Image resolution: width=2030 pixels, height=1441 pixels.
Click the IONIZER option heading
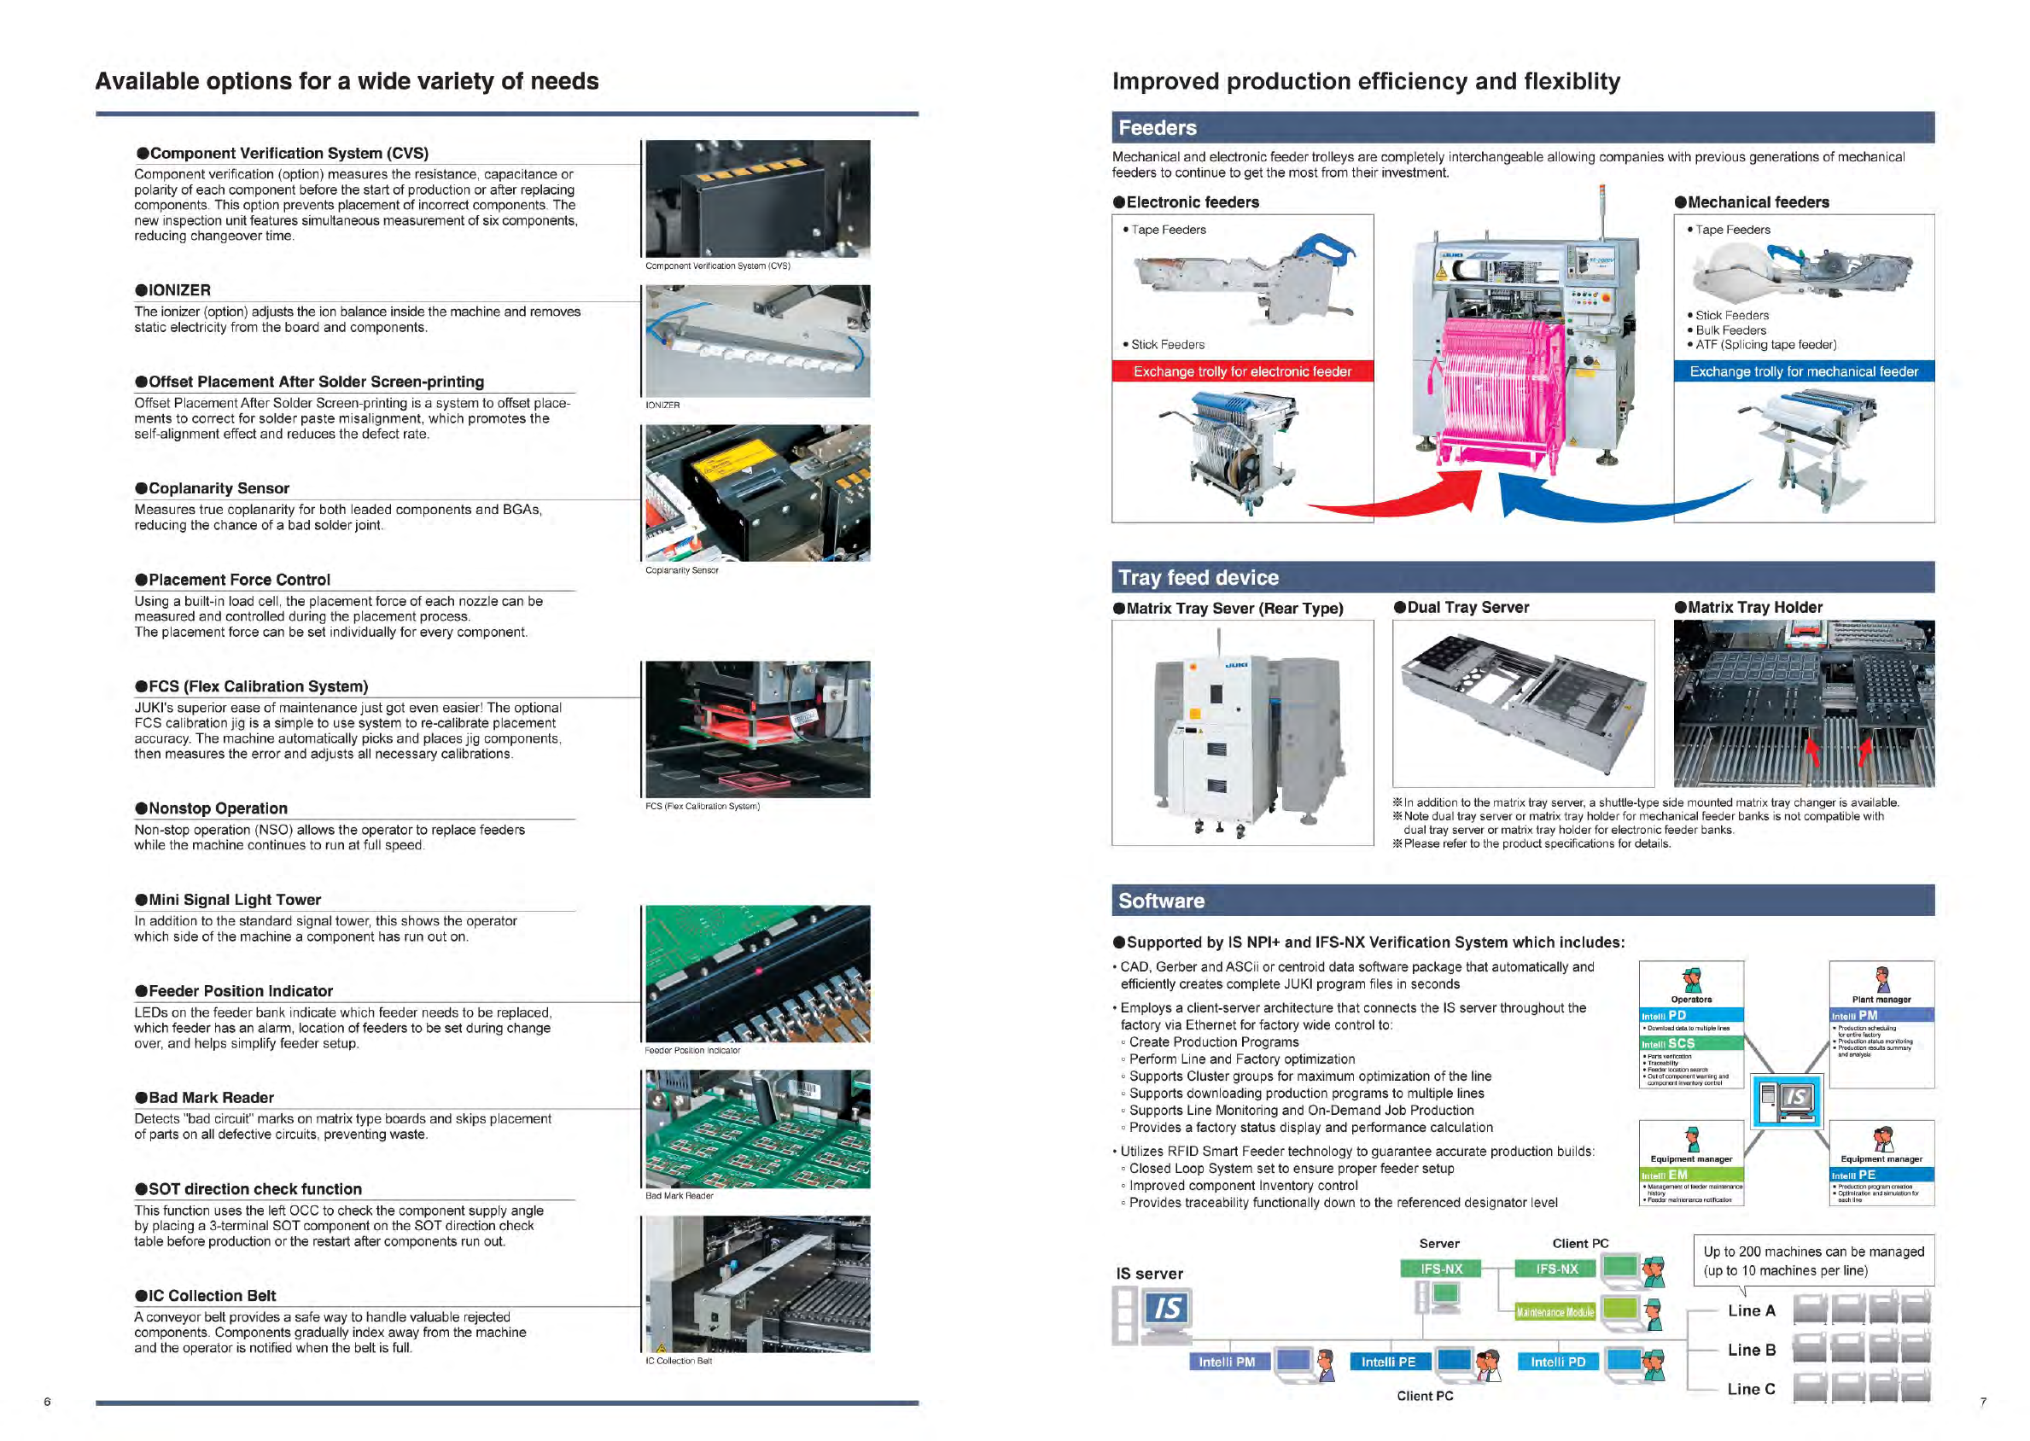pyautogui.click(x=173, y=290)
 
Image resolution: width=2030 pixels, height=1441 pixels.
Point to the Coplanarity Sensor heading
pyautogui.click(x=213, y=488)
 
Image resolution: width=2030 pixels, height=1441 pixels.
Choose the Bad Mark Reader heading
pyautogui.click(x=205, y=1098)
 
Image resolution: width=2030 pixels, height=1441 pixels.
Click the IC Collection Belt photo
pyautogui.click(x=758, y=1283)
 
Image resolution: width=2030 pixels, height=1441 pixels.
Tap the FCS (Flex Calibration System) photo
pyautogui.click(x=758, y=729)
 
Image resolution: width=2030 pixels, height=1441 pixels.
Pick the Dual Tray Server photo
pyautogui.click(x=1524, y=703)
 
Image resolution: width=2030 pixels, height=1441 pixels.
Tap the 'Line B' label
pyautogui.click(x=1751, y=1350)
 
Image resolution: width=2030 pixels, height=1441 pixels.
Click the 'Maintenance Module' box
pyautogui.click(x=1555, y=1312)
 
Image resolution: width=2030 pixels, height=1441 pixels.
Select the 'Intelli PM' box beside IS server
pyautogui.click(x=1226, y=1362)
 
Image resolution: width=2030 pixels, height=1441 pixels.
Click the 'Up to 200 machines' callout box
pyautogui.click(x=1812, y=1260)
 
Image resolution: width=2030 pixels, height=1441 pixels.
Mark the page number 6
pyautogui.click(x=48, y=1402)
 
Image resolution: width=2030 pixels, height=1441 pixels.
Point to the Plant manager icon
pyautogui.click(x=1881, y=980)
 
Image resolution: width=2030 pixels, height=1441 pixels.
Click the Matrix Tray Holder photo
pyautogui.click(x=1803, y=703)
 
